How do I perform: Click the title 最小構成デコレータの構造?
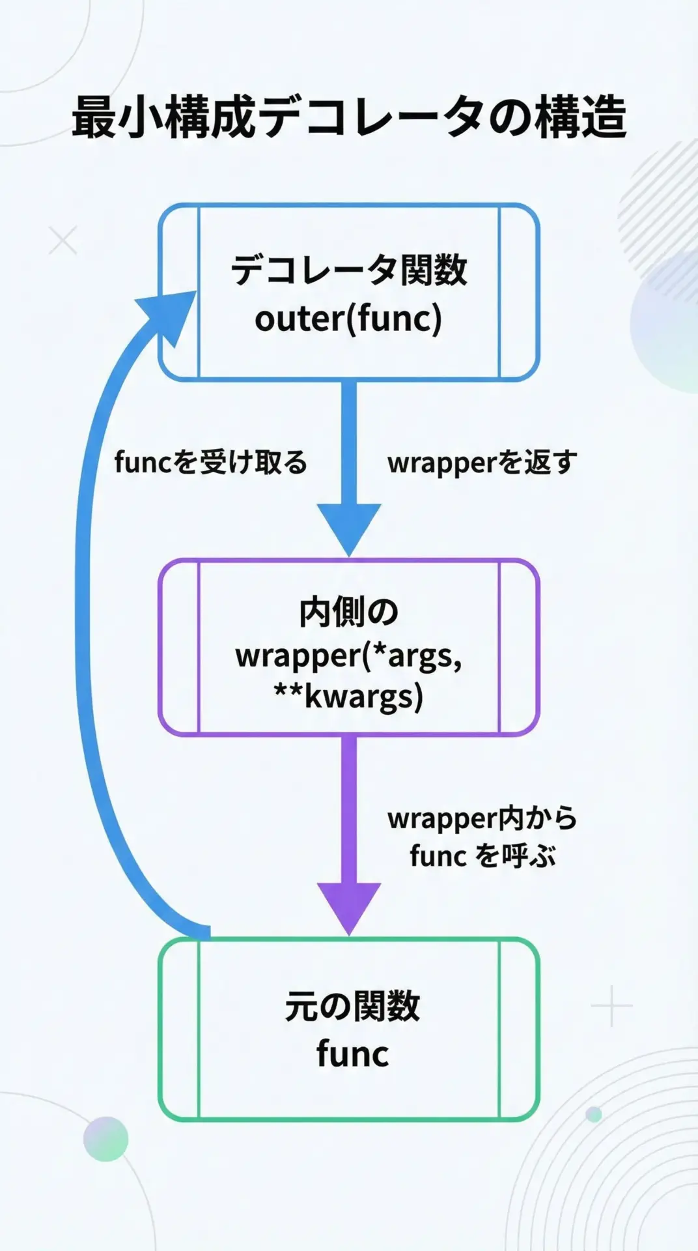(x=349, y=117)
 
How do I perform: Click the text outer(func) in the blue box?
(x=348, y=319)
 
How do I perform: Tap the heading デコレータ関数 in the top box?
(x=349, y=270)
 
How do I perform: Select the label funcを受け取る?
(x=210, y=463)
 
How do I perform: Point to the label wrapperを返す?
(x=482, y=463)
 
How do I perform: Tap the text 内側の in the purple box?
(x=349, y=612)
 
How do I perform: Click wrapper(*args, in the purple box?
(x=349, y=655)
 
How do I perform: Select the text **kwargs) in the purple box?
(x=349, y=696)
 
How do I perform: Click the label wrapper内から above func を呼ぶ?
(x=482, y=818)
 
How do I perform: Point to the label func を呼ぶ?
(x=482, y=856)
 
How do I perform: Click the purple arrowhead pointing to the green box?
(x=349, y=906)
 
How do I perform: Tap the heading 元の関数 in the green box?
(x=352, y=1007)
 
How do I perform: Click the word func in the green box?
(x=352, y=1054)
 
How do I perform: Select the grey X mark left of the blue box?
(x=63, y=240)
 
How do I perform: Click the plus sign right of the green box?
(x=611, y=1006)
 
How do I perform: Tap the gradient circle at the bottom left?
(x=105, y=1139)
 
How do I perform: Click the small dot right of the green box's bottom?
(x=594, y=1114)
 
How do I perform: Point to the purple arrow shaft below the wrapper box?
(x=349, y=808)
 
